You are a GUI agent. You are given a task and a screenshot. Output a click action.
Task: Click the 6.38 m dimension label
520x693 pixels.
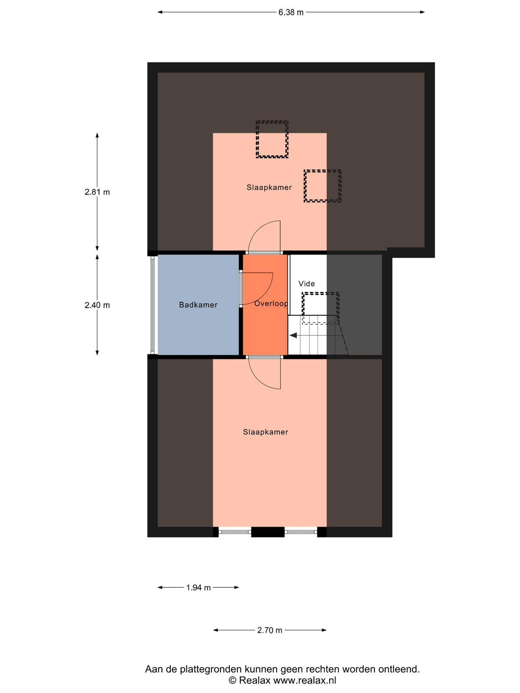(290, 12)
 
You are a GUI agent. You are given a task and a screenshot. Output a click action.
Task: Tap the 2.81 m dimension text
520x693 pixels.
(97, 192)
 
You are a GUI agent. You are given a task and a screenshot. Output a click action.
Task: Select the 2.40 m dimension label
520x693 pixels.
(97, 305)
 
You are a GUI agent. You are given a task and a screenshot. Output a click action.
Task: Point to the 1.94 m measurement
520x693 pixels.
(198, 588)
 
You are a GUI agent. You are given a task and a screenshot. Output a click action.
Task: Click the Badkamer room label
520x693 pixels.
(198, 304)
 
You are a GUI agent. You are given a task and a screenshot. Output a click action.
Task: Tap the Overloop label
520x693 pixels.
(271, 304)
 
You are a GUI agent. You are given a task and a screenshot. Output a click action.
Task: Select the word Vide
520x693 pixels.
(306, 284)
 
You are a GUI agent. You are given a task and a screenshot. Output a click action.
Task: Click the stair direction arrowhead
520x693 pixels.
(293, 335)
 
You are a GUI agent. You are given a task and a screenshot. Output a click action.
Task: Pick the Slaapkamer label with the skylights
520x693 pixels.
(269, 187)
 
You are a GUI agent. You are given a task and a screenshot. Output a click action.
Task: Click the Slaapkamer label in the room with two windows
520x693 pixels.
(266, 432)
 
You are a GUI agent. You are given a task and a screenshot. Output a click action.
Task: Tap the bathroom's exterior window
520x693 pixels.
(153, 304)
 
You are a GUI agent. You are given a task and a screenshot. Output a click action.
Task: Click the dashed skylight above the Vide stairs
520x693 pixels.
(321, 308)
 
